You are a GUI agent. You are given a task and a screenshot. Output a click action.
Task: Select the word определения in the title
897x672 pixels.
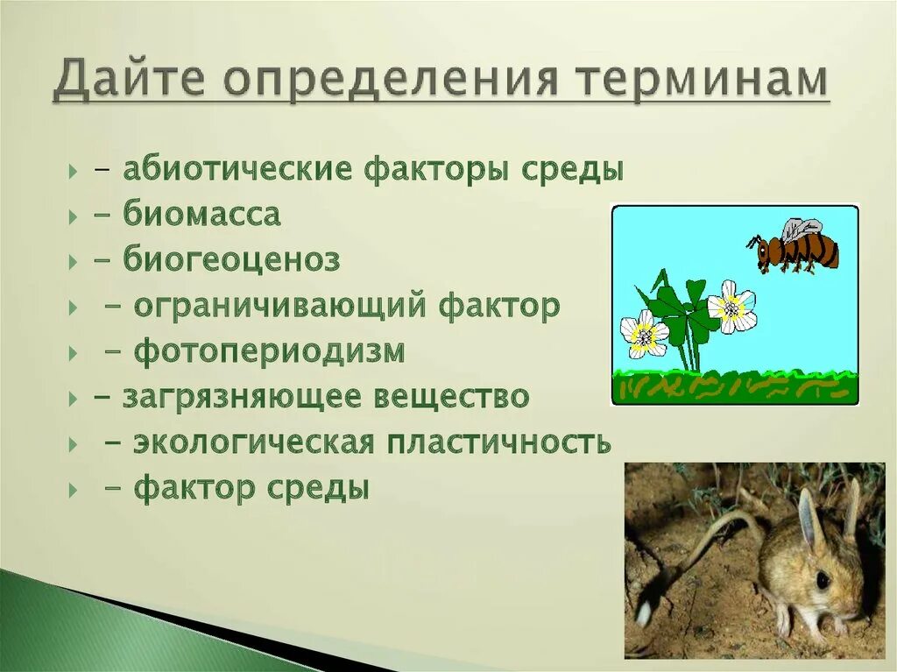point(396,81)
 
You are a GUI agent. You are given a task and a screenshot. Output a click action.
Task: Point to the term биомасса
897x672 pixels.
point(201,215)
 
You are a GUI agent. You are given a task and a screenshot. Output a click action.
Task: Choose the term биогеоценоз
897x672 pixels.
point(231,260)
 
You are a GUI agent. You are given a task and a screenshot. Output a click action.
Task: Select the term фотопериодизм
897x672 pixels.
point(269,352)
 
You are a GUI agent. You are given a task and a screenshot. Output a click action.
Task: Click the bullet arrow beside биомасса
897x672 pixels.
point(72,216)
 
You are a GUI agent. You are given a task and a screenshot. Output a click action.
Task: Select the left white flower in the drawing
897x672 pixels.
point(644,334)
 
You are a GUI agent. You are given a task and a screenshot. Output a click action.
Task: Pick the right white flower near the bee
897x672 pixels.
point(731,307)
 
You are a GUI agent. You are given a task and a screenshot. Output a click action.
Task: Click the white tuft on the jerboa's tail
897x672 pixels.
point(644,612)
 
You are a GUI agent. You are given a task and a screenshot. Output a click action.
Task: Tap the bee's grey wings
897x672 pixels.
point(802,230)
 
